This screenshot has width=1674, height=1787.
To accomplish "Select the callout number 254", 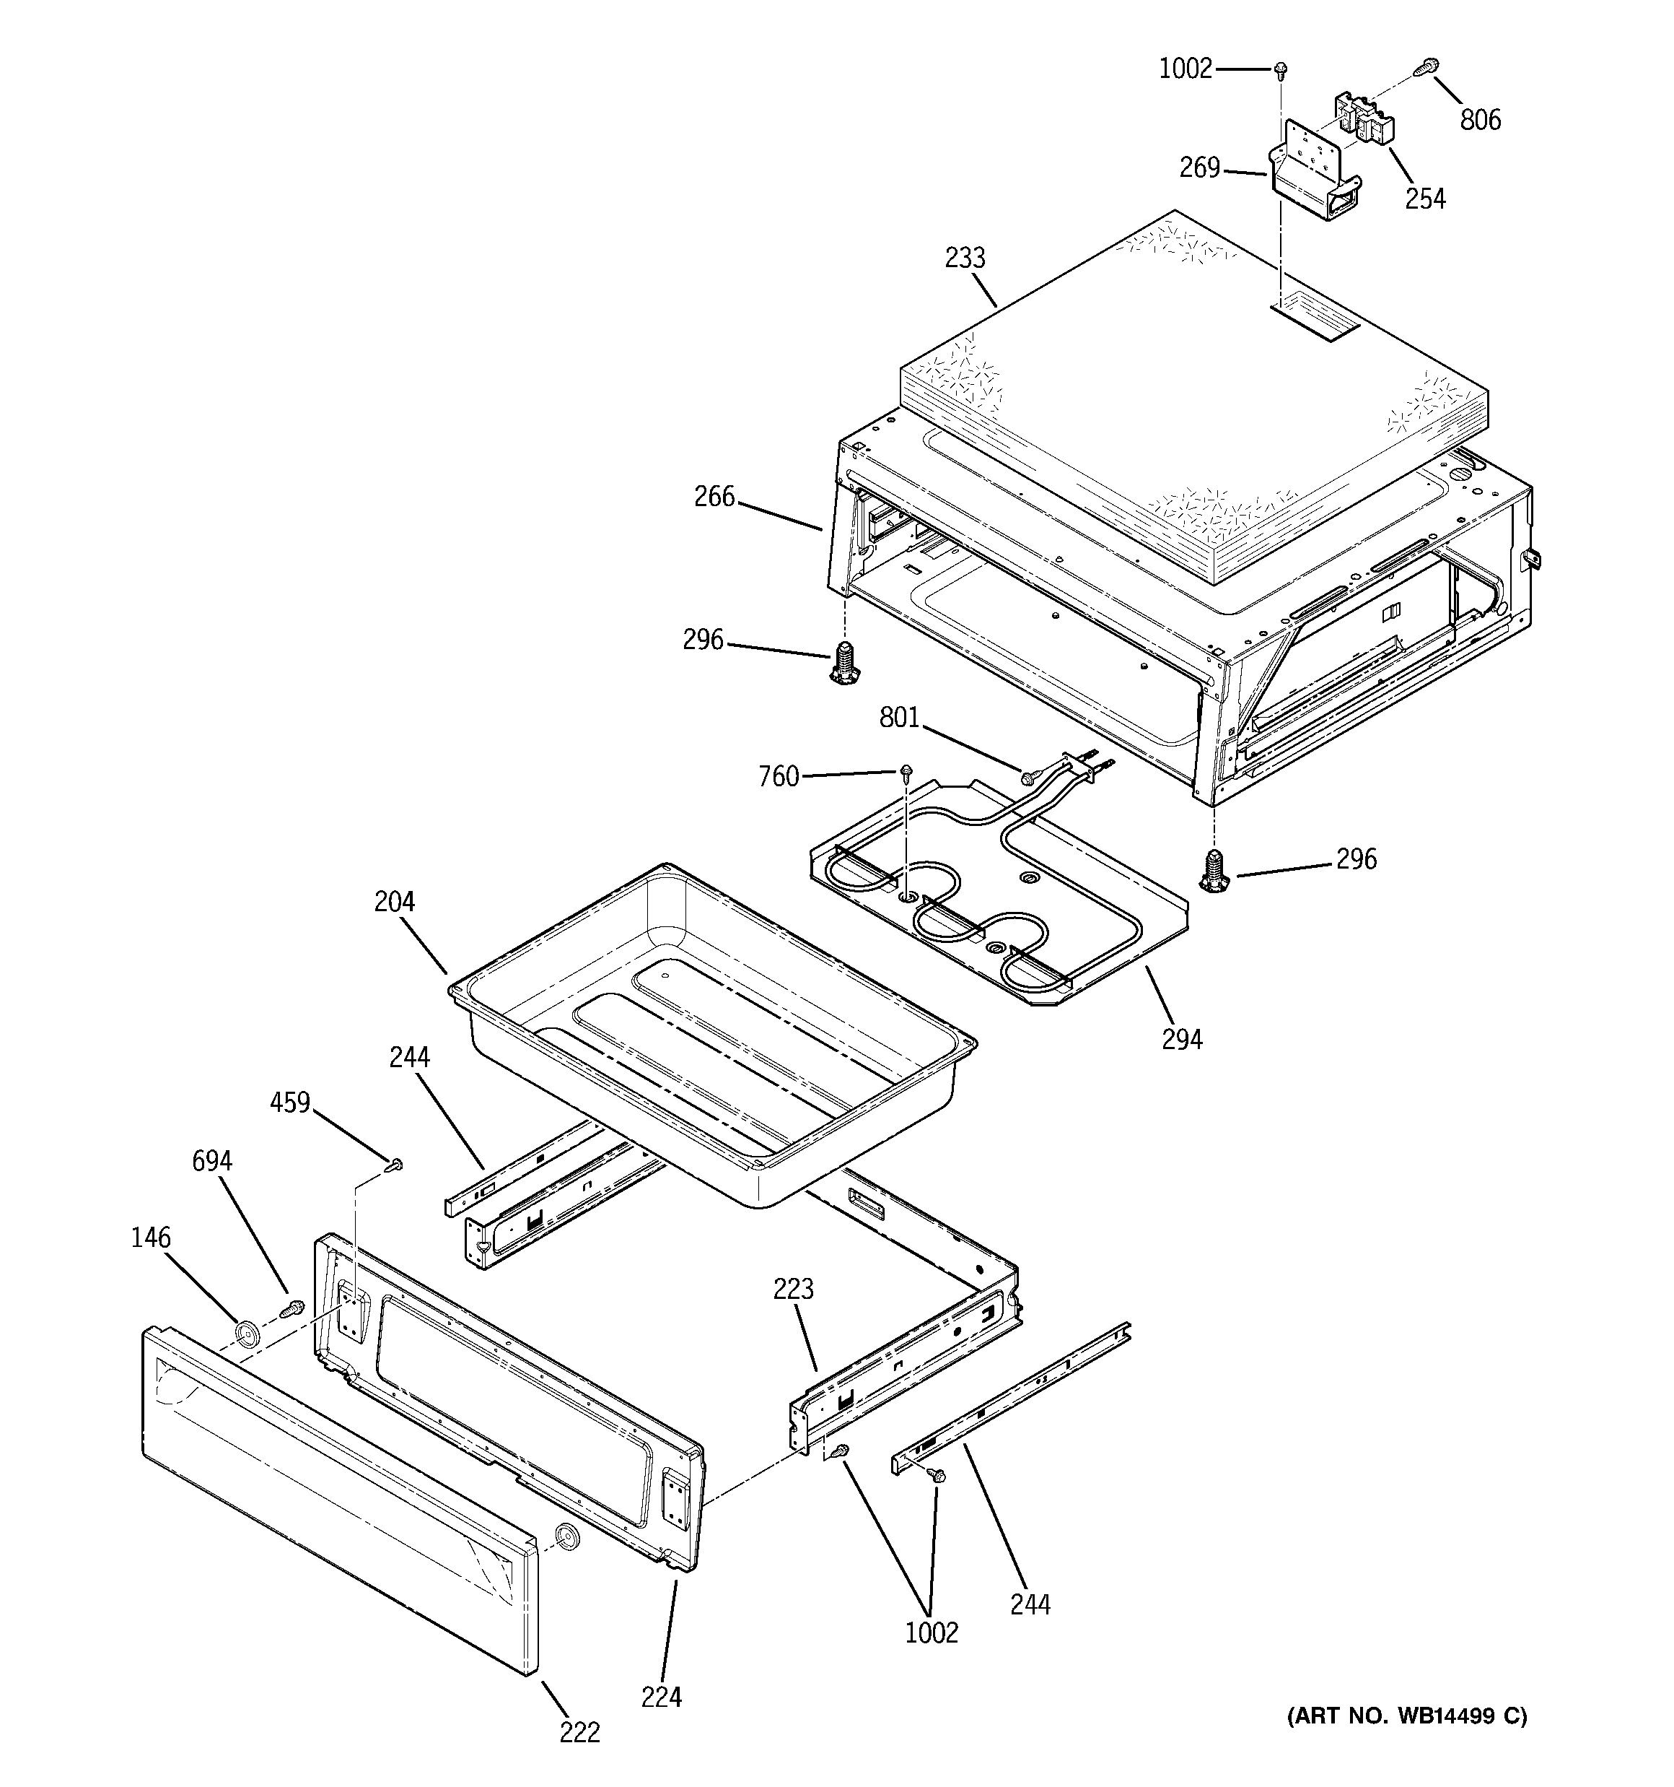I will tap(1425, 199).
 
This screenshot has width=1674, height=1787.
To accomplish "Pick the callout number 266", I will tap(714, 496).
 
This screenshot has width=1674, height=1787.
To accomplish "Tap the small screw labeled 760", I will tap(908, 770).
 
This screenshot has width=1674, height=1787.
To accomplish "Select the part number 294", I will tap(1182, 1039).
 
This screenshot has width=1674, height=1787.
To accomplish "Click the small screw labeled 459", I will tap(395, 1166).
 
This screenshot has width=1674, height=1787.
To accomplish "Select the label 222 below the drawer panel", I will tap(579, 1732).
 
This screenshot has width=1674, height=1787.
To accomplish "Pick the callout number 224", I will tap(662, 1697).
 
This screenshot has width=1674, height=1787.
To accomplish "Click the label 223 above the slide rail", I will tap(794, 1289).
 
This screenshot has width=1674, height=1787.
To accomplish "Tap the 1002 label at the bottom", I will tap(932, 1632).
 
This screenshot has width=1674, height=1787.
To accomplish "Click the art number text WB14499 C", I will tap(1407, 1716).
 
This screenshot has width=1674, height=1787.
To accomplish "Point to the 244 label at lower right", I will tap(1030, 1604).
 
